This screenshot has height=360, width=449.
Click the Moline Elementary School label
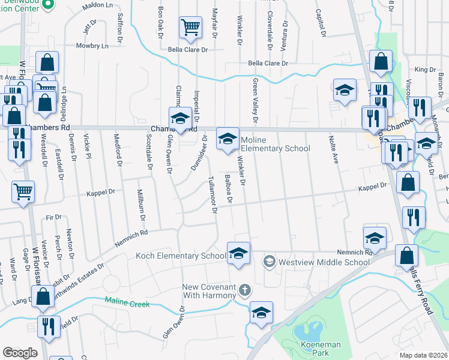pos(275,145)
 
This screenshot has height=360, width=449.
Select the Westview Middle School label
pos(324,262)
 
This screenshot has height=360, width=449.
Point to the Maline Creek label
pos(127,304)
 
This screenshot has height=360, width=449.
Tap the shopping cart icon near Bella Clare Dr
pos(190,28)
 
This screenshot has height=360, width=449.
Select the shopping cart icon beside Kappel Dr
pos(23,192)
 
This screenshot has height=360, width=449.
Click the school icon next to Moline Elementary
pos(227,139)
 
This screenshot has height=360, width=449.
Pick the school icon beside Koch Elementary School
pos(238,253)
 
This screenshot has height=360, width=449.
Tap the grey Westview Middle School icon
pos(270,262)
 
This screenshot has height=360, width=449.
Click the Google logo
pos(20,353)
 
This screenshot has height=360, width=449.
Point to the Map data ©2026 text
pos(424,355)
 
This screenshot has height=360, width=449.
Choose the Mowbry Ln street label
pos(92,46)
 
